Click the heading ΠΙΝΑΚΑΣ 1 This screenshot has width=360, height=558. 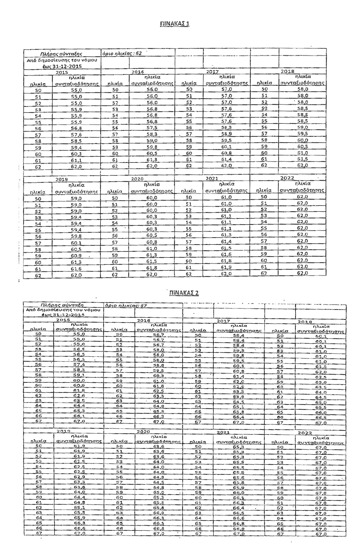pos(176,23)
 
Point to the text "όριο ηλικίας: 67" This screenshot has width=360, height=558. pos(126,305)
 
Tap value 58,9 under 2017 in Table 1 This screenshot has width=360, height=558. pos(226,135)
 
